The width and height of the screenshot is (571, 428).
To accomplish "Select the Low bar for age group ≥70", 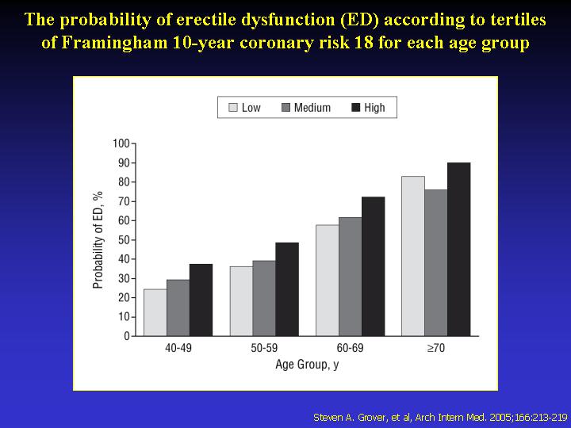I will point(412,256).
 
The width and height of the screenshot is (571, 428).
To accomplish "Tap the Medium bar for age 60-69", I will point(350,277).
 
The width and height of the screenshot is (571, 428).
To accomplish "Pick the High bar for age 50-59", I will point(287,289).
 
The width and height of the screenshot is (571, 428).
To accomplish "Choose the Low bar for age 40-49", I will point(155,312).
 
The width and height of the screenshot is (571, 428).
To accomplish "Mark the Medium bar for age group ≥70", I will point(435,262).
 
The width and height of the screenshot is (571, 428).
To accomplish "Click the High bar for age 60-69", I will point(373,266).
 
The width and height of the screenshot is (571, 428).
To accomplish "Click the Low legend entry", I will point(244,108).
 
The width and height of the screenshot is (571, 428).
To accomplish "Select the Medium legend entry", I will point(305,108).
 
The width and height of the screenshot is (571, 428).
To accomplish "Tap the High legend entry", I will point(367,108).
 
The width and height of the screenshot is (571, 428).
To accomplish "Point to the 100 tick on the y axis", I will point(121,143).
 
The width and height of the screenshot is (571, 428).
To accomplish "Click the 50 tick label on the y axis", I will point(123,240).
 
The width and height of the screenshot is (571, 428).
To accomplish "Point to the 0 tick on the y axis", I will point(126,336).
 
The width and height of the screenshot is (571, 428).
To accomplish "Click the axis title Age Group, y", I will point(307,365).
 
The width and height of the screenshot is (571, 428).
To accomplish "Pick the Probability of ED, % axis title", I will point(98,239).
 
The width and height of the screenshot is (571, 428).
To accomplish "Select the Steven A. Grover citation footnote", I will point(440,416).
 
